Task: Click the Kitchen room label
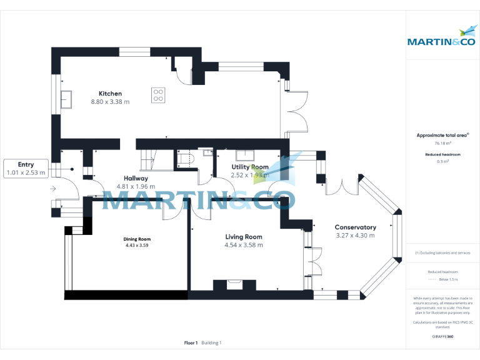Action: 110,93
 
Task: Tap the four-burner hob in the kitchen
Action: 158,95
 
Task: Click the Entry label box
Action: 26,169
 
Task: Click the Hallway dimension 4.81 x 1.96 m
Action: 135,186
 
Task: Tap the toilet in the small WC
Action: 186,161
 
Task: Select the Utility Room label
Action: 250,167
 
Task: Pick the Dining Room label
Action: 136,239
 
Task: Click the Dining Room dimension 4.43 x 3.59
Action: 136,246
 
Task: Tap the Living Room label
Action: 244,237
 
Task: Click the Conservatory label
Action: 355,227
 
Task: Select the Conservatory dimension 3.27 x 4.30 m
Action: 355,236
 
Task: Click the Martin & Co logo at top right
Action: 442,37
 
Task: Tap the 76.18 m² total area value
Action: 442,144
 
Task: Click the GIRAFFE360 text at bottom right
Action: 442,336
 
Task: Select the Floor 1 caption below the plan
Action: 191,342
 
